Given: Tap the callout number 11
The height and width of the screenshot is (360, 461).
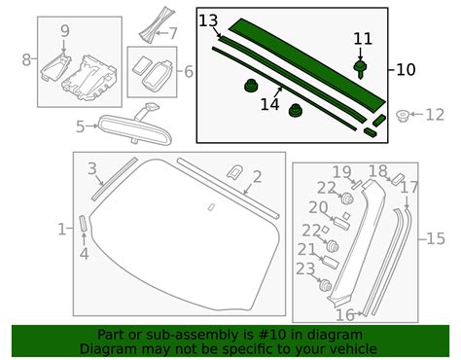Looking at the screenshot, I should pyautogui.click(x=362, y=38).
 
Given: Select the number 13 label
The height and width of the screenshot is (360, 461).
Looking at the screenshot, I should pyautogui.click(x=209, y=20).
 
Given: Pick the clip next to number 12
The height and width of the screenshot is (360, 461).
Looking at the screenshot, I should pyautogui.click(x=403, y=117).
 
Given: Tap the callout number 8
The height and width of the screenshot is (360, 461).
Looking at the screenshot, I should pyautogui.click(x=26, y=60).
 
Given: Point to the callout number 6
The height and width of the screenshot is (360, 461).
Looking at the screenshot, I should pyautogui.click(x=189, y=71).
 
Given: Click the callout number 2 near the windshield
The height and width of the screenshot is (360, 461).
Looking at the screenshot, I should pyautogui.click(x=257, y=177).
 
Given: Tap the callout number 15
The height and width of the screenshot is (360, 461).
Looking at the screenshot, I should pyautogui.click(x=436, y=238).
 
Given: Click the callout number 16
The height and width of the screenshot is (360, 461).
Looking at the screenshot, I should pyautogui.click(x=344, y=315).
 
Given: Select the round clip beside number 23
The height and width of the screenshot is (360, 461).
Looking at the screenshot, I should pyautogui.click(x=327, y=288).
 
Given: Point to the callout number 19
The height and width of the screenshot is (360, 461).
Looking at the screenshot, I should pyautogui.click(x=341, y=172).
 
